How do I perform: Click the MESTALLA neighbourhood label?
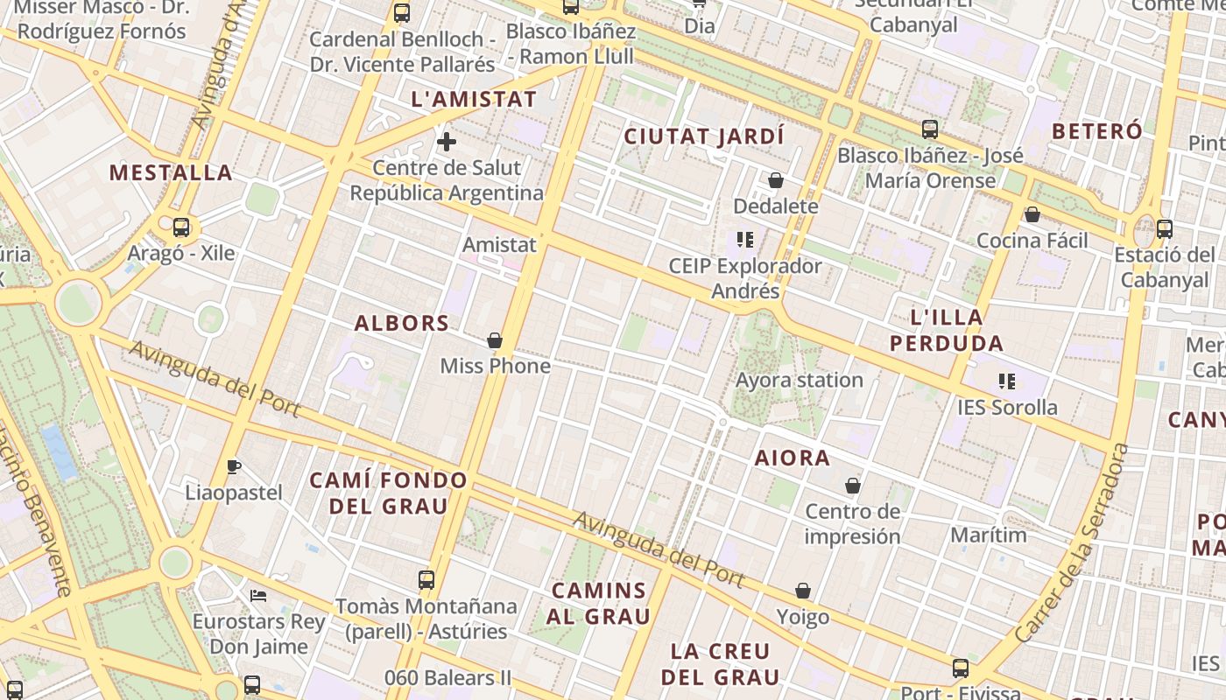pos(171,172)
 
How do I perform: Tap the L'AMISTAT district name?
pos(474,99)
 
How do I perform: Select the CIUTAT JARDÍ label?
pos(704,136)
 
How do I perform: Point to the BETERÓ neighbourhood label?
pos(1097,131)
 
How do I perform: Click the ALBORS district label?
pos(402,323)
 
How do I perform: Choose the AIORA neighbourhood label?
pos(793,458)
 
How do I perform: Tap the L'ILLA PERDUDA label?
pos(947,330)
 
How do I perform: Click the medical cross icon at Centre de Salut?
pos(447,141)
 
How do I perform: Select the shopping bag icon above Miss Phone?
pos(495,340)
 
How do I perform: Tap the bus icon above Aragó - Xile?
pos(181,227)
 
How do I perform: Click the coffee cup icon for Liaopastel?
pos(233,466)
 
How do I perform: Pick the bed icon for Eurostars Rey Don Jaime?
pos(258,596)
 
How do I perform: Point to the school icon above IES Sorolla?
pos(1007,381)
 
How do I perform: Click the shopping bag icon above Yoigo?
pos(803,591)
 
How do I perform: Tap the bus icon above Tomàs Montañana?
pos(426,579)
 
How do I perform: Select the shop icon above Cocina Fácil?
pos(1032,214)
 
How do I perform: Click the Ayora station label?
pos(800,381)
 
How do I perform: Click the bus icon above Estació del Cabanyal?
pos(1165,229)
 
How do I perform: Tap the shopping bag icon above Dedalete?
pos(776,181)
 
